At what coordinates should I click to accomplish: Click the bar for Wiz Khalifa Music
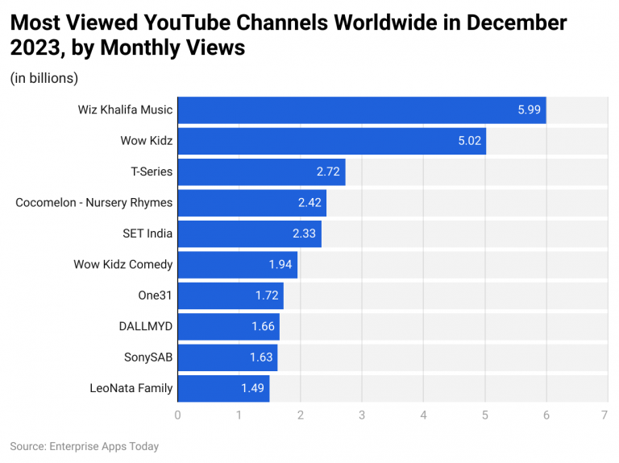[x=361, y=109]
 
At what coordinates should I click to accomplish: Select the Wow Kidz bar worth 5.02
[x=330, y=140]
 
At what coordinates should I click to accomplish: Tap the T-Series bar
[x=260, y=172]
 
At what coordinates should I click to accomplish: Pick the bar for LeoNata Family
[x=222, y=388]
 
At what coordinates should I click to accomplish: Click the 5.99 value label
[x=530, y=110]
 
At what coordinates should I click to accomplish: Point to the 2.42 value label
[x=309, y=202]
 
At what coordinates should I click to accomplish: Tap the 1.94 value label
[x=280, y=264]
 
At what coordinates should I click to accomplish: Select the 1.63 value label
[x=261, y=358]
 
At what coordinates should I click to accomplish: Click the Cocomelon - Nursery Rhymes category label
[x=93, y=202]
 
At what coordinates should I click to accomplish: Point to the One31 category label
[x=155, y=296]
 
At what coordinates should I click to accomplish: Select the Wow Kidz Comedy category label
[x=123, y=264]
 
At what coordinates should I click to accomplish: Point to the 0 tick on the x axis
[x=177, y=415]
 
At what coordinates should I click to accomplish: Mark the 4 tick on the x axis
[x=423, y=415]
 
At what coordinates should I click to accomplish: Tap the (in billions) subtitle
[x=44, y=78]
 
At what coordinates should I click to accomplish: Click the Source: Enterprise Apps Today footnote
[x=84, y=446]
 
